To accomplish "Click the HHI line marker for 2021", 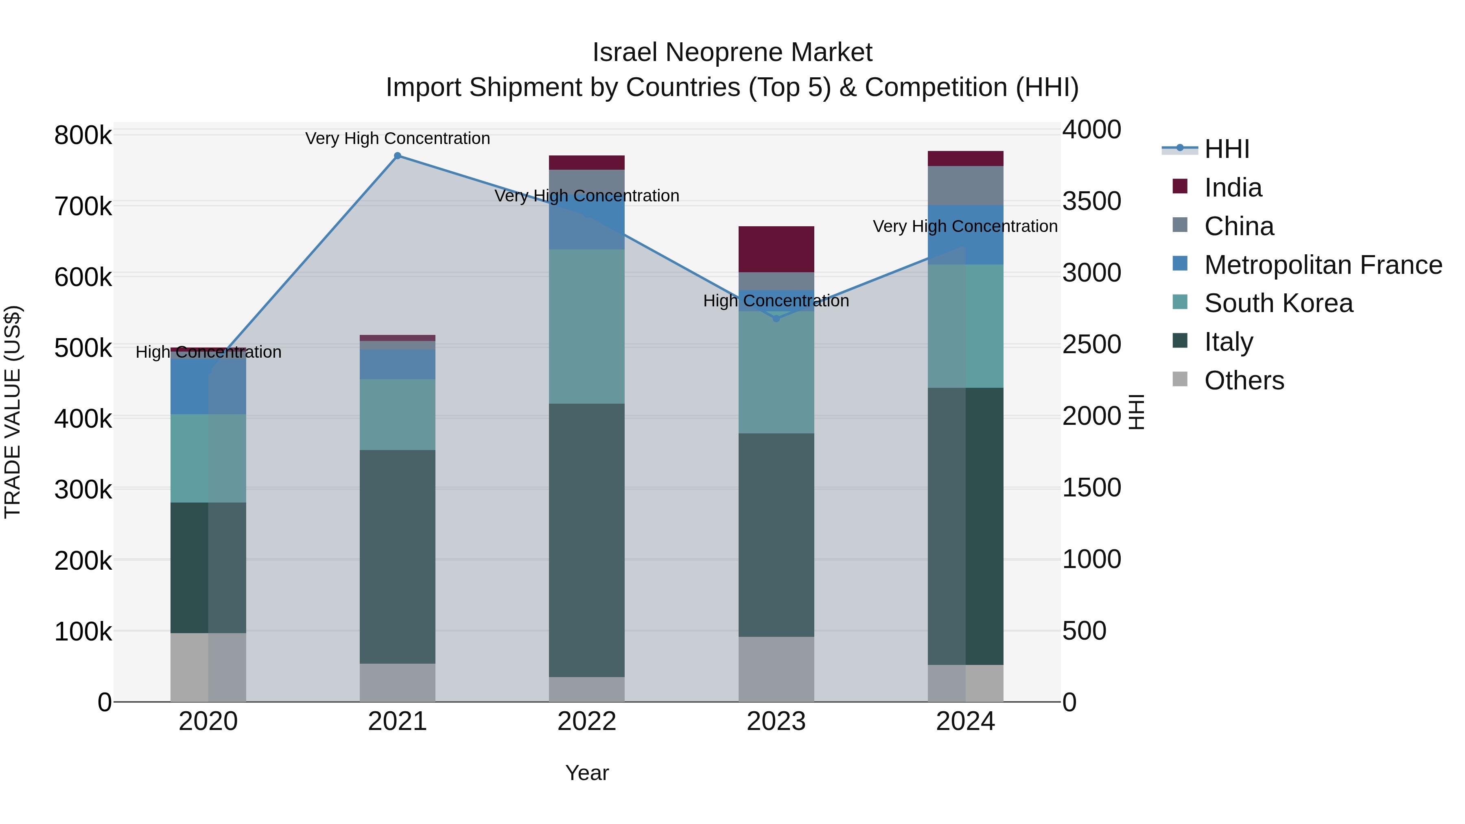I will coord(398,156).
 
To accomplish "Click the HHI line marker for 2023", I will coord(776,319).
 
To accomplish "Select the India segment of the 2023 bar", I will coord(776,249).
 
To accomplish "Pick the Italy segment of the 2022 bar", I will coord(586,540).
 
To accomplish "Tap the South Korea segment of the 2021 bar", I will coord(398,415).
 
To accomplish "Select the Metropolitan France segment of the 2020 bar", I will coord(208,386).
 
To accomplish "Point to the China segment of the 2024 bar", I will coord(965,186).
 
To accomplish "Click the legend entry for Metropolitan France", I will coord(1323,265).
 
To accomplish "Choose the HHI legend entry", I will coord(1227,149).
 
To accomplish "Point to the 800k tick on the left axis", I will coord(83,136).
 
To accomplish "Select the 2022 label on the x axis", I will coord(586,721).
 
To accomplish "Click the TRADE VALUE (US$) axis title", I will coord(13,412).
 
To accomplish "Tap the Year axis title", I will coord(586,773).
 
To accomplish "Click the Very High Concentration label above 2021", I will coord(398,138).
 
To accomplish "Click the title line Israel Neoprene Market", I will coord(732,52).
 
